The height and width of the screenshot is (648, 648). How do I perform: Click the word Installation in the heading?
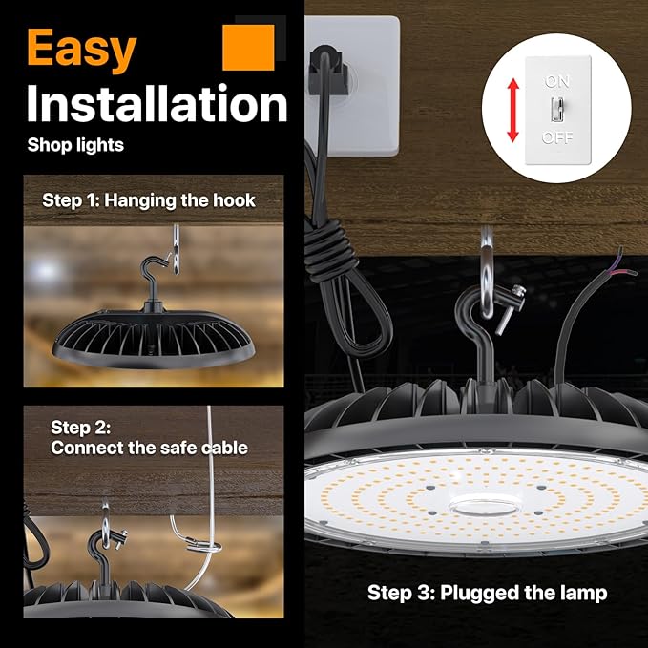coord(157,104)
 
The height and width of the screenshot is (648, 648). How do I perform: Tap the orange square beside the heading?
coord(248,48)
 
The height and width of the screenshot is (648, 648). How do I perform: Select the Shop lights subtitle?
coord(75,146)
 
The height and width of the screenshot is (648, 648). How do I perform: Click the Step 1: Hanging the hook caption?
coord(149,201)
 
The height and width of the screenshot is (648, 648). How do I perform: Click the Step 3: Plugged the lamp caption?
coord(487,593)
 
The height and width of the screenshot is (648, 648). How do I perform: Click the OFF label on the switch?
coord(558,137)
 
